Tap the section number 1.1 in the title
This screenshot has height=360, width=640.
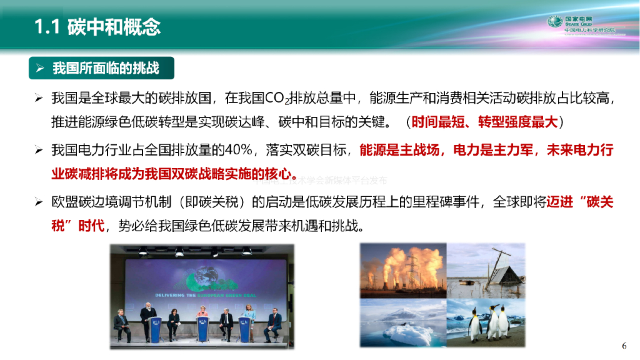coord(47,26)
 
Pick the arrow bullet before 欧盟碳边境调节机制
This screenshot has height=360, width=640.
coord(39,202)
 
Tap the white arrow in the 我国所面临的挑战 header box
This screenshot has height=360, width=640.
coord(39,68)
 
